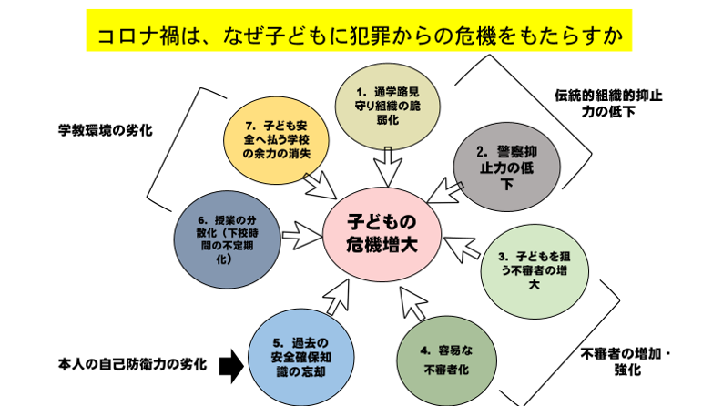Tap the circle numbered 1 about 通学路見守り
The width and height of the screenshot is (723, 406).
[388, 105]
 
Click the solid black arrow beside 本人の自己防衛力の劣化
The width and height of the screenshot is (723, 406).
[231, 365]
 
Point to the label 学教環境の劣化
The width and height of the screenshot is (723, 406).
[99, 130]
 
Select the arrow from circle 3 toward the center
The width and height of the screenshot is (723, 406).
[462, 244]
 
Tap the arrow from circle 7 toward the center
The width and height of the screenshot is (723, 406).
[321, 187]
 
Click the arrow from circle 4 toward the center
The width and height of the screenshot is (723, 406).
[412, 301]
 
